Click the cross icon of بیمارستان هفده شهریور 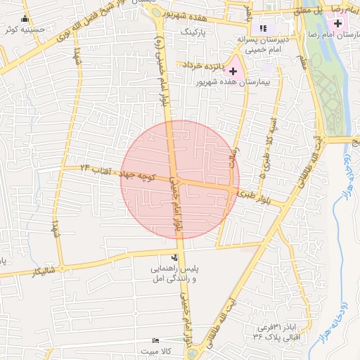coord(233,71)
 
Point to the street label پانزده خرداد coord(204,65)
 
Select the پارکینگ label coord(195,32)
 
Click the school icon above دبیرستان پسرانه coord(263,28)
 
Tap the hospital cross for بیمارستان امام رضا coord(340,24)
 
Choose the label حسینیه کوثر coord(19,30)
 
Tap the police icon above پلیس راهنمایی coord(174,257)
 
